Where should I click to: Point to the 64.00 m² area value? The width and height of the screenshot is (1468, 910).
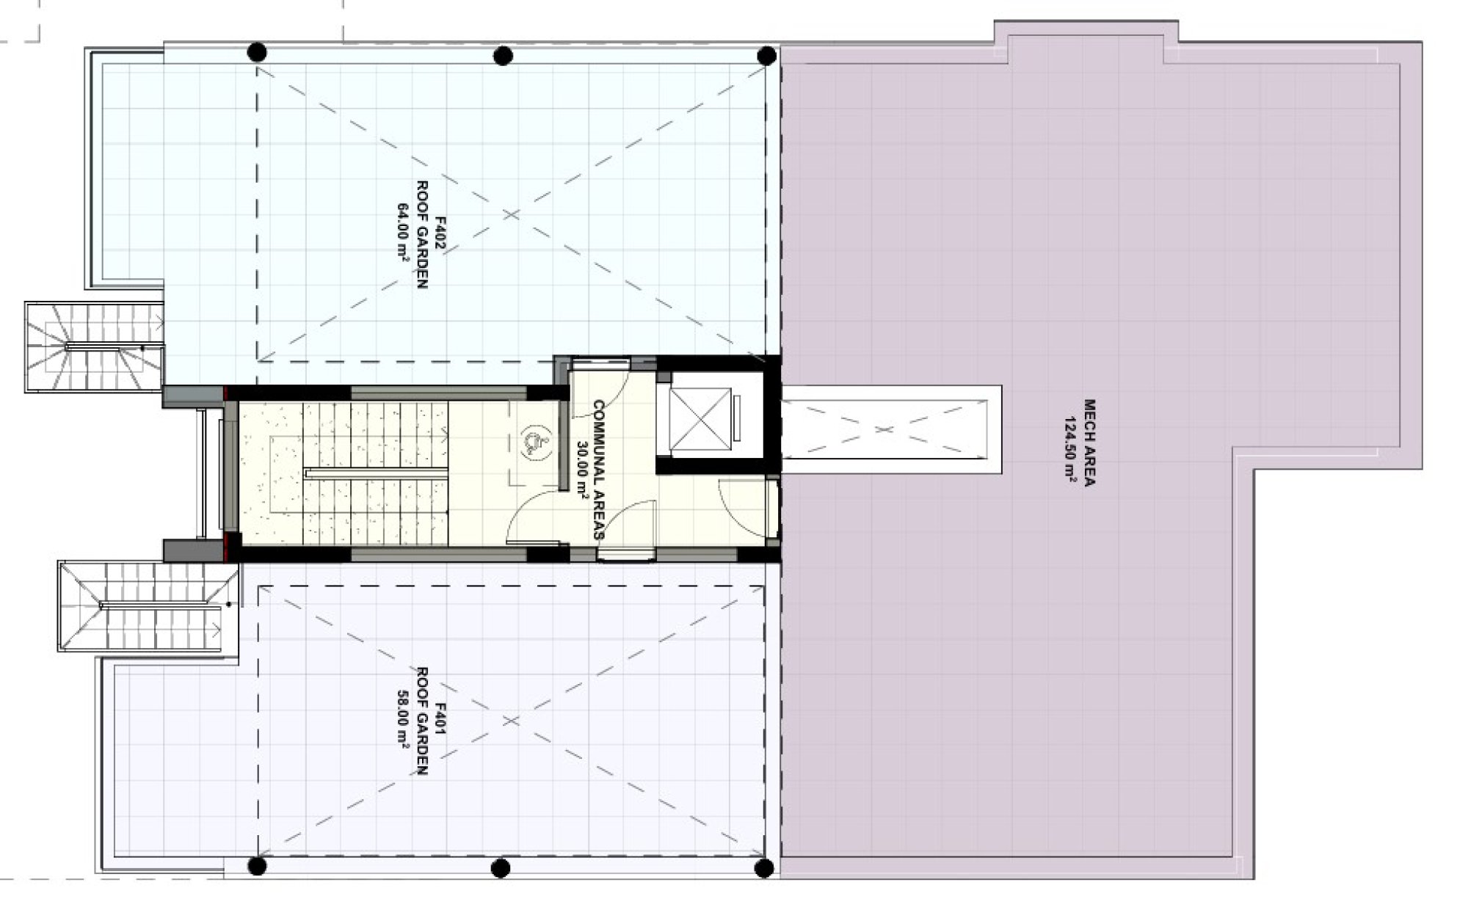point(402,234)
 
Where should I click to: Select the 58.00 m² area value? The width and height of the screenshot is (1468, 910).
point(402,719)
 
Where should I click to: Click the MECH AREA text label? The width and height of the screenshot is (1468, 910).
point(1089,443)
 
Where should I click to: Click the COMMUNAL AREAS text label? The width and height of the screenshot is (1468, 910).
point(598,470)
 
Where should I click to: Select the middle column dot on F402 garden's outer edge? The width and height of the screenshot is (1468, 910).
point(503,56)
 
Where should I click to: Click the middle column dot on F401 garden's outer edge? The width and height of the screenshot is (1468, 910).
point(501,868)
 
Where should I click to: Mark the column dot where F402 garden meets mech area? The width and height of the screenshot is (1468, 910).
point(766,56)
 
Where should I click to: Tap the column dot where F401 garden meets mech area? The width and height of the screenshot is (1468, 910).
point(764,868)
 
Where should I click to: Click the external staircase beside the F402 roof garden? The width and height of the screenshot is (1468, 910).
point(94,346)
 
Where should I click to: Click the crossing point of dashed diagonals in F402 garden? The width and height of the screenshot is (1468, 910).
point(511,214)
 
